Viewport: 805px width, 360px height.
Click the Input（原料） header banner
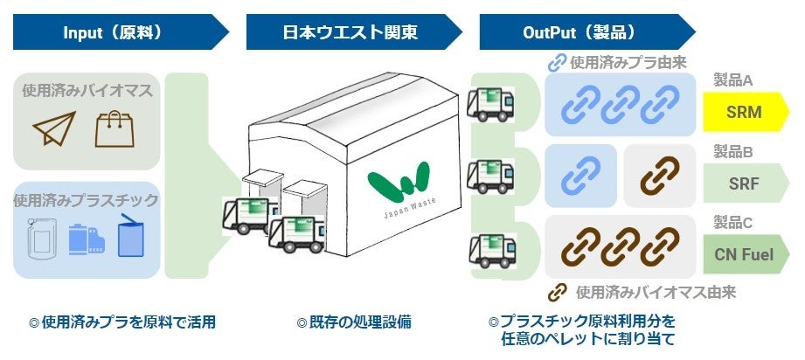coord(114,33)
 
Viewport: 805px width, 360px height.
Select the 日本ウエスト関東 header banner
coord(350,33)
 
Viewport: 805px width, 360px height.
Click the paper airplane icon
coord(53,128)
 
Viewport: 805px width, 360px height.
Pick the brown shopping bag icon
coord(114,128)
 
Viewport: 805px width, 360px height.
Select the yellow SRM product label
coord(745,113)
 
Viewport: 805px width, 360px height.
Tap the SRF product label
coord(745,183)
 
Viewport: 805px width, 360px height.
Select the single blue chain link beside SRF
coord(579,175)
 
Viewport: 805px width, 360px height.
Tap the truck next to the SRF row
coord(490,175)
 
